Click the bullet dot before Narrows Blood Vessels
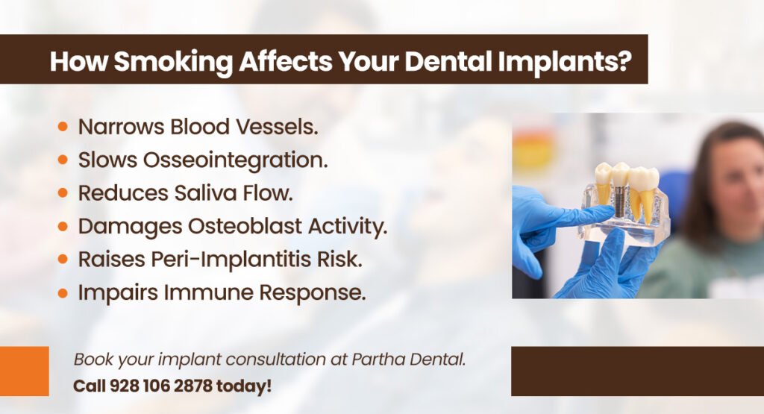point(63,127)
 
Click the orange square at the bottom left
point(24,371)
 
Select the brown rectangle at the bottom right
point(637,371)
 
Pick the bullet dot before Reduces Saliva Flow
point(63,193)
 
